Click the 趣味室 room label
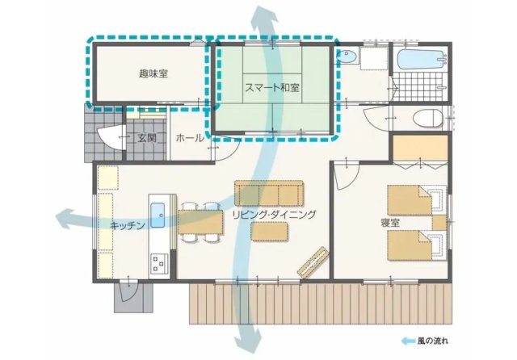point(153,73)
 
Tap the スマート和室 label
point(272,88)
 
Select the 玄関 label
point(147,138)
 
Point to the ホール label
point(190,138)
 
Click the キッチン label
point(128,225)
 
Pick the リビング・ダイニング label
point(274,215)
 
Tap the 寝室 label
point(390,223)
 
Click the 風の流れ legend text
point(433,341)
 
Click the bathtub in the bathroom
point(422,60)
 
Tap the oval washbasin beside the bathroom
point(347,57)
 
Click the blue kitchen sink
point(158,215)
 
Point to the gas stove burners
point(159,264)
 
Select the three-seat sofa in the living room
point(269,194)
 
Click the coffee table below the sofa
point(269,231)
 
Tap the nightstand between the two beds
point(439,223)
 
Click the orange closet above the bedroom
point(420,148)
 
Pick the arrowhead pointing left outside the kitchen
point(64,219)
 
